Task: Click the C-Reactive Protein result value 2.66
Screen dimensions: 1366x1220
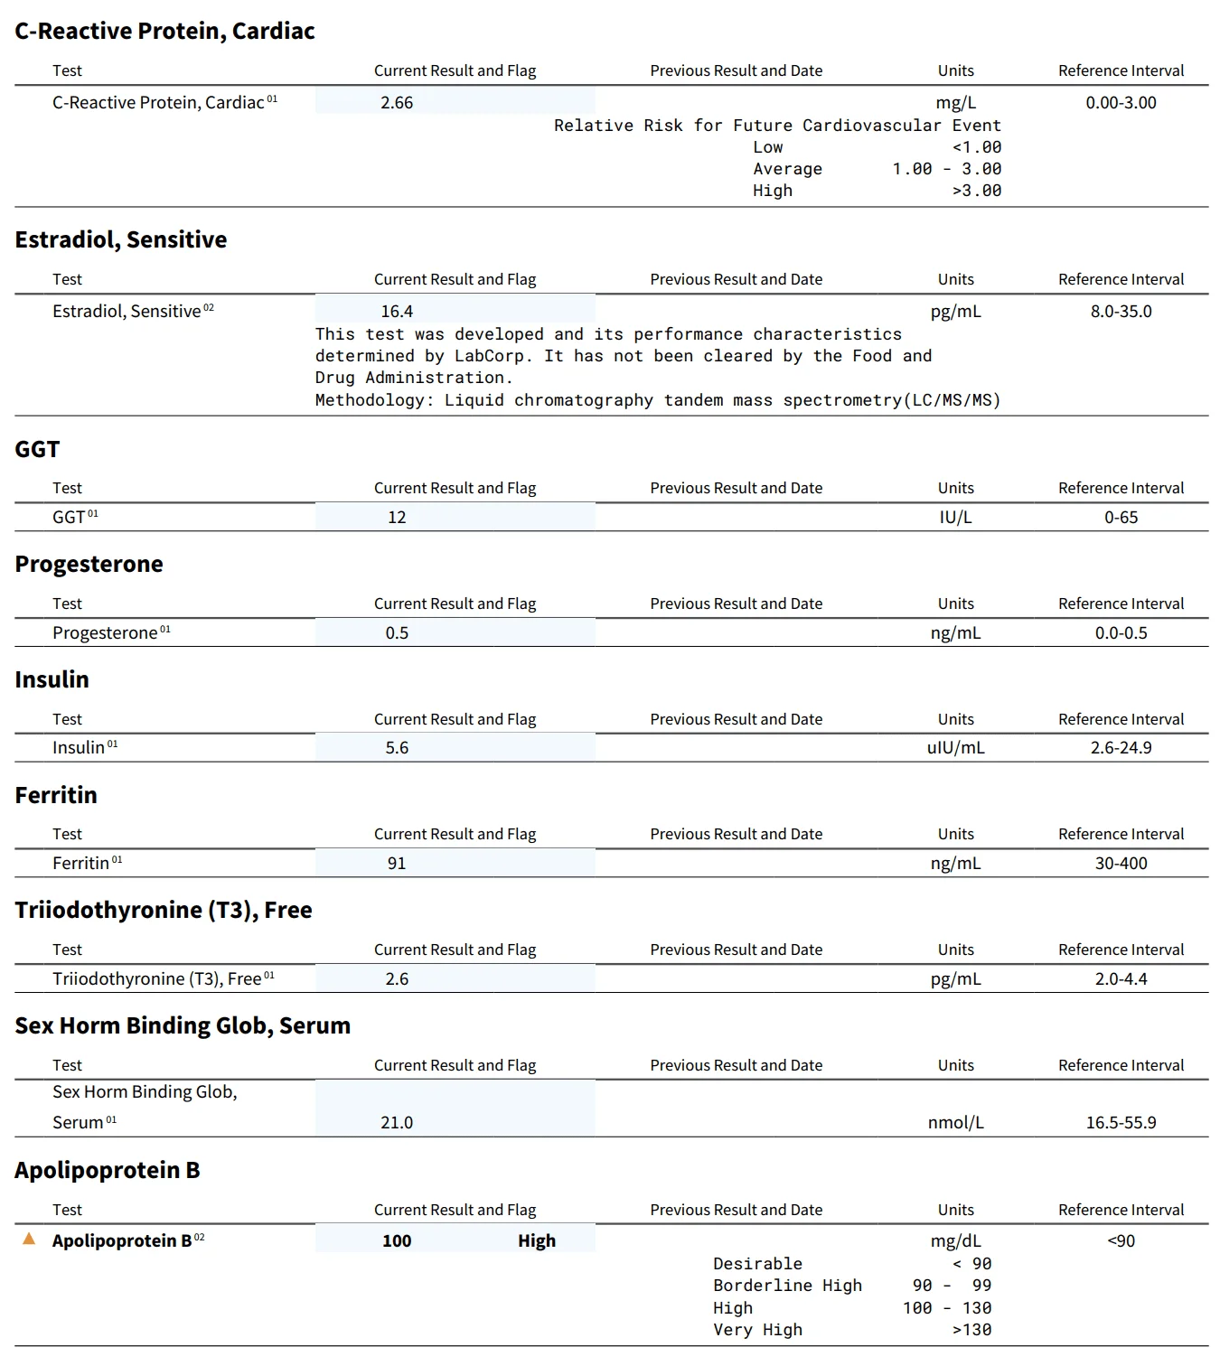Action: point(397,103)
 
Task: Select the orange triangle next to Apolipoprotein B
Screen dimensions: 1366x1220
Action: point(29,1239)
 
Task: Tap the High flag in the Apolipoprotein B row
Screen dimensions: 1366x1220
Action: point(536,1241)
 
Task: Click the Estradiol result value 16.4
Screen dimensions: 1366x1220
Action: point(397,312)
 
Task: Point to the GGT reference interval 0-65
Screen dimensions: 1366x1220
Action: point(1121,518)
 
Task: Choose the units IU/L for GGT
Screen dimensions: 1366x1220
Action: point(955,518)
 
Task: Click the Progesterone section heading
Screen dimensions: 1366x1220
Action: point(89,565)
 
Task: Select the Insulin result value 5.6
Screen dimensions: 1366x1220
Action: point(397,748)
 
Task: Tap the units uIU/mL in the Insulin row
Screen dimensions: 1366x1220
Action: point(955,748)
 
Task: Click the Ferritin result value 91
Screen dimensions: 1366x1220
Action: point(397,864)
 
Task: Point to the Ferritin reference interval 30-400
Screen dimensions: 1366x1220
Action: point(1121,864)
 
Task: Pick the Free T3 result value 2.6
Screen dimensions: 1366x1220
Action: point(397,979)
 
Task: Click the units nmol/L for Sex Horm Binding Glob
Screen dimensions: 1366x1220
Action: point(955,1123)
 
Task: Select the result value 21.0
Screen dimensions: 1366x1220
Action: point(397,1123)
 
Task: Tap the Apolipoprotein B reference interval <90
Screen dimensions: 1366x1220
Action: point(1121,1241)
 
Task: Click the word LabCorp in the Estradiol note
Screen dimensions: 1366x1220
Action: point(489,356)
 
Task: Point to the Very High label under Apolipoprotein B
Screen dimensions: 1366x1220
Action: point(757,1330)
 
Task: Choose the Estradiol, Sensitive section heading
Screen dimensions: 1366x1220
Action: point(120,239)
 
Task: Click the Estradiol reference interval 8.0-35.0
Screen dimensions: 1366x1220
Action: point(1121,312)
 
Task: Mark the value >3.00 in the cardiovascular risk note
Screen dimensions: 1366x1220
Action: point(976,191)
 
